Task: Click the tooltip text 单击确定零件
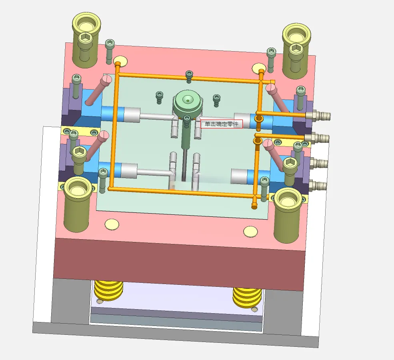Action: tap(221, 124)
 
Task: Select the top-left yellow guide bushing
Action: tap(86, 40)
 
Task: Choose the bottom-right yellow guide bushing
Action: tap(288, 215)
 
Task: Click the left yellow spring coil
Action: tap(108, 291)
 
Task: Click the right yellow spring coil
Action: tap(247, 298)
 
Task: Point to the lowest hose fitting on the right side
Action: tap(318, 186)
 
